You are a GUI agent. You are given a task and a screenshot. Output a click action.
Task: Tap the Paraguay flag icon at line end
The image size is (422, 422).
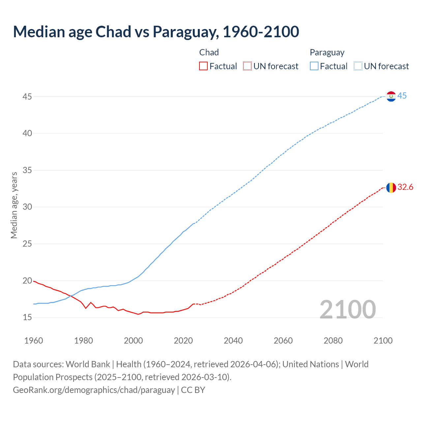pyautogui.click(x=391, y=96)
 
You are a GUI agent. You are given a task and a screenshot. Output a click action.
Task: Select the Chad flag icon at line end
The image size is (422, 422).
pyautogui.click(x=391, y=188)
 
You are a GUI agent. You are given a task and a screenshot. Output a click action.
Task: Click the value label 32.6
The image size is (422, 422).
pyautogui.click(x=405, y=187)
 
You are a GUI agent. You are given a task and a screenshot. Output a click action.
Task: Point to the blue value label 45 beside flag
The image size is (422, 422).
pyautogui.click(x=402, y=96)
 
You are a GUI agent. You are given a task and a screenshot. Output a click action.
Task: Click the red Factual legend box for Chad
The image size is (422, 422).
pyautogui.click(x=203, y=66)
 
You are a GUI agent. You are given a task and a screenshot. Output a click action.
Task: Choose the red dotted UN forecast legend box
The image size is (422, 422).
pyautogui.click(x=247, y=66)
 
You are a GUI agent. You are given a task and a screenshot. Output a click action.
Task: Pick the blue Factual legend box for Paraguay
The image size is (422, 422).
pyautogui.click(x=314, y=66)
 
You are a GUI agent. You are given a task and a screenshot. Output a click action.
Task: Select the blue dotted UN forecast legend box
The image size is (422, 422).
pyautogui.click(x=358, y=66)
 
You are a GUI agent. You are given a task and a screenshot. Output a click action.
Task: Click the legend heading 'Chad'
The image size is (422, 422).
pyautogui.click(x=209, y=52)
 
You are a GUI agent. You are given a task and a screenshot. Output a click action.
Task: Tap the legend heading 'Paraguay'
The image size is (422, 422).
pyautogui.click(x=327, y=52)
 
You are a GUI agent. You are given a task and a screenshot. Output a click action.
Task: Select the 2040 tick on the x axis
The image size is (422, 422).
pyautogui.click(x=233, y=341)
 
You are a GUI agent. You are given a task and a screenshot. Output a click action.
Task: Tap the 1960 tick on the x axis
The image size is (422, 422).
pyautogui.click(x=34, y=341)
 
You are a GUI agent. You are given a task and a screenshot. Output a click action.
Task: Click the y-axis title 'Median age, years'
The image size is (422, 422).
pyautogui.click(x=14, y=205)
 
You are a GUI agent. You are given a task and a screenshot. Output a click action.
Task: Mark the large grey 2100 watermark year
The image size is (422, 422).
pyautogui.click(x=347, y=310)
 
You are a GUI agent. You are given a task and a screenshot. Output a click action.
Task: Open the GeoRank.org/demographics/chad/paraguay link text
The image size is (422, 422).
pyautogui.click(x=94, y=390)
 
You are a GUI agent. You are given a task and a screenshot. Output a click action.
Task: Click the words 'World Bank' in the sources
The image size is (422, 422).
pyautogui.click(x=88, y=364)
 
